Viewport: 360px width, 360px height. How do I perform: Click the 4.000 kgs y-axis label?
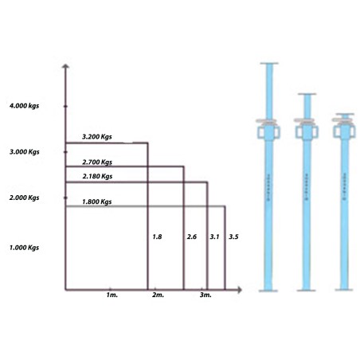pos(24,106)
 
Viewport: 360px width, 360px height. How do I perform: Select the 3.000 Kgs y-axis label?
pos(25,152)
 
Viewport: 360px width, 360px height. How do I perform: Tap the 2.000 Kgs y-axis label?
pos(24,198)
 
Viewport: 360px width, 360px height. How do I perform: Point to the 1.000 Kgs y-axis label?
pos(24,248)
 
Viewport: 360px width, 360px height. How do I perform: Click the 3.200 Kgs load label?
pos(97,137)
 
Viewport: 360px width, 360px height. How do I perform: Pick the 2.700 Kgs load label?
pos(97,162)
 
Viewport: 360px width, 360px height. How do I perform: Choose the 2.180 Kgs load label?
pos(97,176)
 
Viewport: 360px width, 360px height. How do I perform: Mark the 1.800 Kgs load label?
pos(97,202)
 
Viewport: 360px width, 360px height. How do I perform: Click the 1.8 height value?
pos(157,237)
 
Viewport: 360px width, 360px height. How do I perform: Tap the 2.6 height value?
pos(192,237)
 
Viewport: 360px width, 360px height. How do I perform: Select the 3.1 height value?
pos(214,237)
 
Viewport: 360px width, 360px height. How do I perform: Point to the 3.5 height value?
pos(233,237)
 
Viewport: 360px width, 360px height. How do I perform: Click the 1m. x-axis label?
pos(112,295)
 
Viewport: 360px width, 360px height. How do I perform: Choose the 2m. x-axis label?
pos(158,295)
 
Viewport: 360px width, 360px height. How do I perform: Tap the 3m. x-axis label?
pos(205,295)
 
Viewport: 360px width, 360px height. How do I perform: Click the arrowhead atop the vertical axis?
pos(65,66)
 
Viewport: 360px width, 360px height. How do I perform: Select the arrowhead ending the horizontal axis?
pos(240,290)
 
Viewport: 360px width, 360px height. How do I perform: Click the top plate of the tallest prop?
pos(269,63)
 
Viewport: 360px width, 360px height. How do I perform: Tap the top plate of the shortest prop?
pos(345,114)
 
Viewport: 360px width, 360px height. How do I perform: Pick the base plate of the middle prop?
pos(307,291)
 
